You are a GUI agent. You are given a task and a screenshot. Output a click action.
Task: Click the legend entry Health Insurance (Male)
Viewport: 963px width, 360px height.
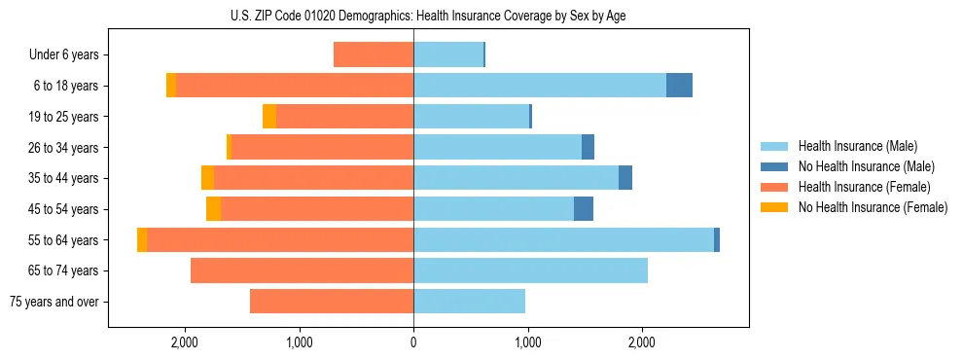coord(857,146)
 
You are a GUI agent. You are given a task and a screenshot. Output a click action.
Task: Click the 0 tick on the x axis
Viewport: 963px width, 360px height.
coord(413,342)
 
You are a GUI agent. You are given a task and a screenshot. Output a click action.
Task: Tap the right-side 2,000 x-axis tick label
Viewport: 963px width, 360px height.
coord(642,342)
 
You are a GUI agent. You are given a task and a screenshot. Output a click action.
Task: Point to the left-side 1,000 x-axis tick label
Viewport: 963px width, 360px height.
coord(299,342)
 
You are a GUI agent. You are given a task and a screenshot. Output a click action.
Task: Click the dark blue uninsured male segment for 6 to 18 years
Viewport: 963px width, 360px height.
coord(679,86)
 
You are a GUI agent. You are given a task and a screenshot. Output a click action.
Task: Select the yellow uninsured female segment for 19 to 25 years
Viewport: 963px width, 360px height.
coord(269,117)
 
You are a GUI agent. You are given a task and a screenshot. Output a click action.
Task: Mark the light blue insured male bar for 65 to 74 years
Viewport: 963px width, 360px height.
coord(530,270)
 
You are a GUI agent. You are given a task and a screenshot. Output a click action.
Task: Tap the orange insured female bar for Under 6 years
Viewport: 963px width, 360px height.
coord(374,55)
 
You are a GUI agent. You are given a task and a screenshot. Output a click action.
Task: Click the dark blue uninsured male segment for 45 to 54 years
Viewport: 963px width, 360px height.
coord(584,209)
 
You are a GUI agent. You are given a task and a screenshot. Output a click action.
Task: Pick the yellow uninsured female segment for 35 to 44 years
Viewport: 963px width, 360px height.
coord(207,178)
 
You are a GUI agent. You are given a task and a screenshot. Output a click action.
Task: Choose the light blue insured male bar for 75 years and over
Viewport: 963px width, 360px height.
coord(469,302)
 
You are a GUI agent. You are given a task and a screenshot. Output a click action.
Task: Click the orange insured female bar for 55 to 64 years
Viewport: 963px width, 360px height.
coord(280,240)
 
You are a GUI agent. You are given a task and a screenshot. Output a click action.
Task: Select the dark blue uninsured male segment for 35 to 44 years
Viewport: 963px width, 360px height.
coord(625,178)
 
